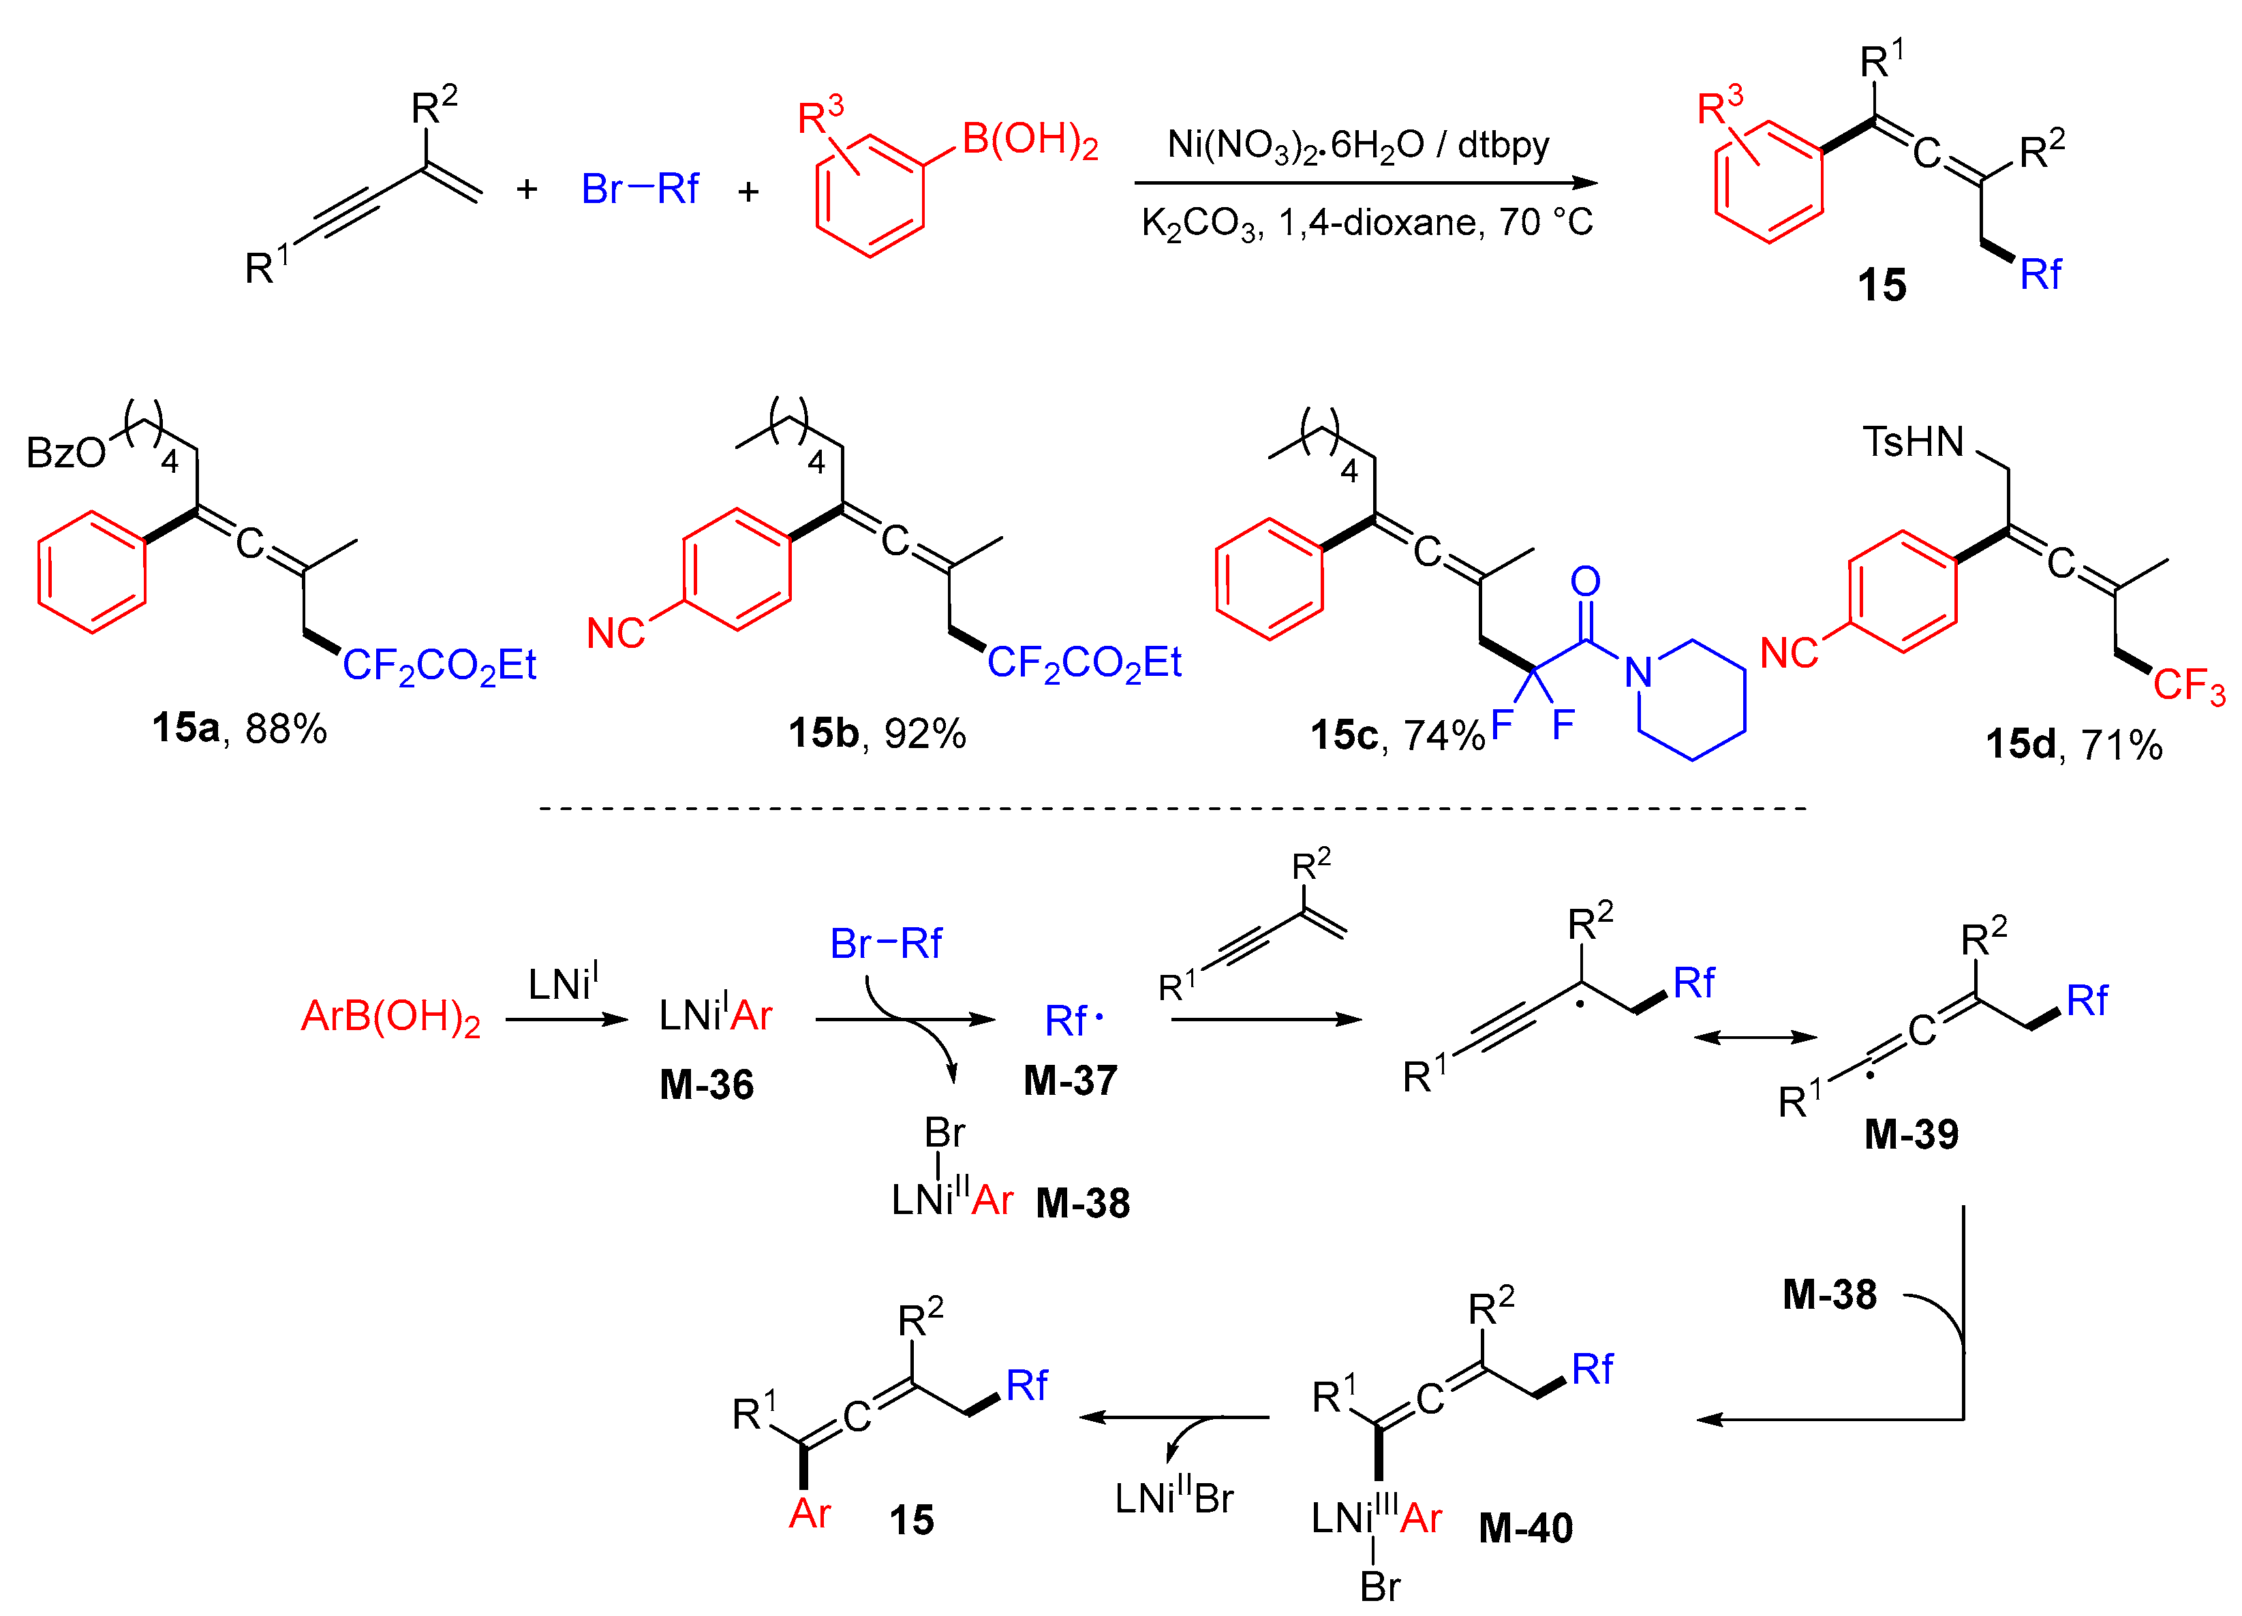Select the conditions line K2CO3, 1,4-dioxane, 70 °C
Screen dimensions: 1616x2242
(1366, 223)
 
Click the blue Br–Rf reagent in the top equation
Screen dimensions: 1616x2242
(640, 189)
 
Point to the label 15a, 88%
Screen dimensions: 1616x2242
(239, 728)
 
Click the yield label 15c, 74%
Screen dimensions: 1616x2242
(1396, 735)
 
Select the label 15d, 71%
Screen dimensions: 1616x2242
(2074, 744)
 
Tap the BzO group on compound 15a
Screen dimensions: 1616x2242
(65, 452)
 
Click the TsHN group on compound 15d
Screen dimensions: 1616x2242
(1914, 441)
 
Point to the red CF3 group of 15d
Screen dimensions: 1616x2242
(2189, 685)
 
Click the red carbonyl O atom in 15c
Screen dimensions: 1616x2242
(1586, 581)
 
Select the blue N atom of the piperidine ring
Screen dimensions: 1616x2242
(1638, 672)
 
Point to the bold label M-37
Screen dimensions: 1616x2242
(1071, 1081)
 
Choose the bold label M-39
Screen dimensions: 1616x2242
(1911, 1134)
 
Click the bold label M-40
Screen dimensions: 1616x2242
(1525, 1528)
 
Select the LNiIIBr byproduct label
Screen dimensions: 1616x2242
(1174, 1497)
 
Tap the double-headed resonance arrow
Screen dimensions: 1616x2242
(1755, 1037)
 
